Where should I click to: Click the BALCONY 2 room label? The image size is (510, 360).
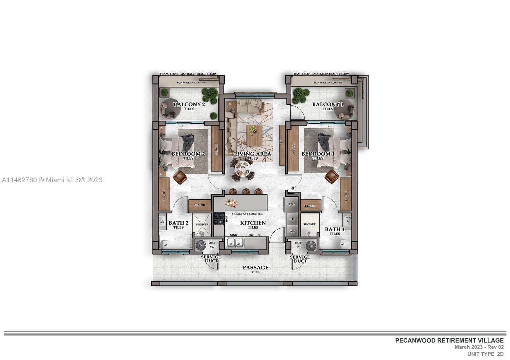[189, 104]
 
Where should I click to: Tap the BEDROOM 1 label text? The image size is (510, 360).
[318, 154]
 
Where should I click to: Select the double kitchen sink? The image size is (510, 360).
[235, 243]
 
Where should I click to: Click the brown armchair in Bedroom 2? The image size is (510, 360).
[180, 176]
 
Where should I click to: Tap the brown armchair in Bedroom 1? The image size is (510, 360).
[332, 176]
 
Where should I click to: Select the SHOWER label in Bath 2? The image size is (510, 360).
[202, 224]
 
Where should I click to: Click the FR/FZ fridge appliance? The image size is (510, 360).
[291, 205]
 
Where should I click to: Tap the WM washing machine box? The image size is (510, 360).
[292, 231]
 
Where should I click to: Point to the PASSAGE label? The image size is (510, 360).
[255, 268]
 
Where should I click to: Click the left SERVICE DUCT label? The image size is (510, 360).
[211, 259]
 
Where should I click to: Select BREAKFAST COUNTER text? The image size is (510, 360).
[247, 214]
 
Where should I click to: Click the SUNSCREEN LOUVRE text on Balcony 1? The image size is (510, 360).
[328, 83]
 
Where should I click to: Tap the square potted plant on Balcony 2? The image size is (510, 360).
[164, 92]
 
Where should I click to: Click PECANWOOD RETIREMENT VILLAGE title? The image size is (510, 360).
[449, 341]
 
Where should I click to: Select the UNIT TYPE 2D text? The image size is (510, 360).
[485, 354]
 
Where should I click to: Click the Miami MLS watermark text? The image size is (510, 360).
[52, 180]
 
